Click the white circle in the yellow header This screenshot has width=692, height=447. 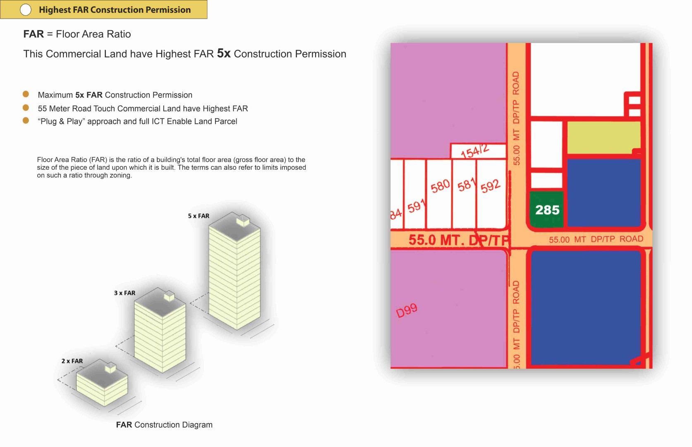(x=26, y=10)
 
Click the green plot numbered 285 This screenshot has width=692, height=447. (x=547, y=209)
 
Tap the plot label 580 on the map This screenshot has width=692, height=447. (x=440, y=186)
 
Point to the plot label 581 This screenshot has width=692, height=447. (x=466, y=185)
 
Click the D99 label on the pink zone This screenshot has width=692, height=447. (x=407, y=310)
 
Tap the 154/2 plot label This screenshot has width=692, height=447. (x=475, y=151)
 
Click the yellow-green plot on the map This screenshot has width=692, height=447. (x=603, y=137)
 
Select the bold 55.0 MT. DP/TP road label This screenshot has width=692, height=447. (x=458, y=240)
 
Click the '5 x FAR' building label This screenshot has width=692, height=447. (x=199, y=216)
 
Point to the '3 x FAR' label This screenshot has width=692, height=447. (x=125, y=293)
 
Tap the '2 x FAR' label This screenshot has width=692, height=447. (x=72, y=361)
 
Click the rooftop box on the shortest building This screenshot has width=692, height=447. (x=110, y=368)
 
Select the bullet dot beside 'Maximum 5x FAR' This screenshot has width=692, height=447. (x=26, y=94)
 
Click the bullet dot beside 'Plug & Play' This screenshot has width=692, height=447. (x=26, y=120)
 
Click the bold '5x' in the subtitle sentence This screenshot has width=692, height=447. (x=224, y=53)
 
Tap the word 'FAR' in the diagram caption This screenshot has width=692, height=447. (x=124, y=425)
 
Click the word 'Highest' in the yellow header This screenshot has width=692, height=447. (x=55, y=10)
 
